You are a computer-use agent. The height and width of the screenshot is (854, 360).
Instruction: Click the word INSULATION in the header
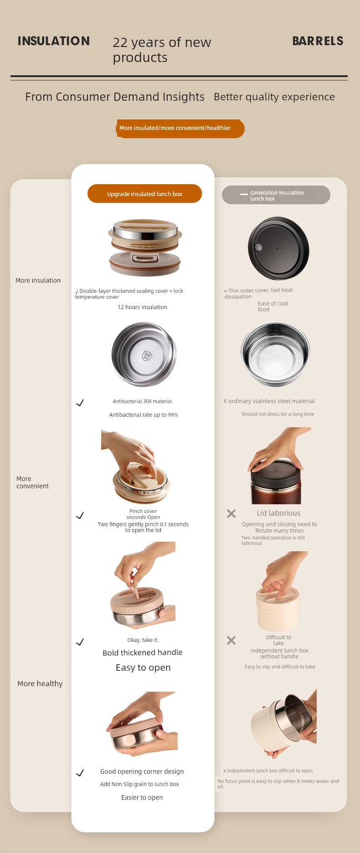[x=54, y=41]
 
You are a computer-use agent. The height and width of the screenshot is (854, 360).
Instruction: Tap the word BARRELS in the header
[x=318, y=41]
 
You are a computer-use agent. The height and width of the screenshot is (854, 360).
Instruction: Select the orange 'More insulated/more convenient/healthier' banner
[x=180, y=128]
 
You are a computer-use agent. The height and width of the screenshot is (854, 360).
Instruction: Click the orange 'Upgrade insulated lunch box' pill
[x=144, y=194]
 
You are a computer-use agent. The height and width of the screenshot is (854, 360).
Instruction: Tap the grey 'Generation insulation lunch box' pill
[x=276, y=195]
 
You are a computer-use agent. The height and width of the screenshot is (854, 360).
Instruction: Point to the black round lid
[x=278, y=248]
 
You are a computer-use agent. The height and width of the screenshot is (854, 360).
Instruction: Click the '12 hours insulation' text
[x=142, y=307]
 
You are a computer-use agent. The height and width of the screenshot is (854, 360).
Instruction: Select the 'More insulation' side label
[x=38, y=280]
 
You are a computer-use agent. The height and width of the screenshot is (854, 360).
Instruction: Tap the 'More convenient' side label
[x=32, y=482]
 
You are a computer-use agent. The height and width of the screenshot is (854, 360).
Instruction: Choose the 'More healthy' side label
[x=40, y=683]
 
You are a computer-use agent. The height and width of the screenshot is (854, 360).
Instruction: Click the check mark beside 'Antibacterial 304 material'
[x=80, y=403]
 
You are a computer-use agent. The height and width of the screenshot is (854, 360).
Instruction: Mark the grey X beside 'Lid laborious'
[x=231, y=513]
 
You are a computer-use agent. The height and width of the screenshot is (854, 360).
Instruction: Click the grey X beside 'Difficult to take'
[x=231, y=640]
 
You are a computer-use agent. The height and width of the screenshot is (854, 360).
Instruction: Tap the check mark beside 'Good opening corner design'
[x=80, y=773]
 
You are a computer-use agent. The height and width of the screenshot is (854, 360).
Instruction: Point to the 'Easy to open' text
[x=143, y=668]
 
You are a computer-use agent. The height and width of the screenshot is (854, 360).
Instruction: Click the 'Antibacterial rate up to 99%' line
[x=144, y=415]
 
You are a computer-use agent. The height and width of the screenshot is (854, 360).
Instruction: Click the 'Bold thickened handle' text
[x=143, y=652]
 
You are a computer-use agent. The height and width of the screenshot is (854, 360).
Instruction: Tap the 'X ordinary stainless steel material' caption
[x=269, y=401]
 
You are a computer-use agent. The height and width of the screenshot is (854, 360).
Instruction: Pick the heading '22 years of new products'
[x=162, y=50]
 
